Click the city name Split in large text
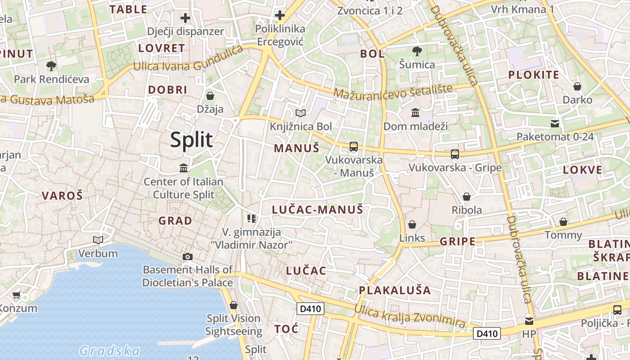191,140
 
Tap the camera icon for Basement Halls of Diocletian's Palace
188,256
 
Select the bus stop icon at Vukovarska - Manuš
354,146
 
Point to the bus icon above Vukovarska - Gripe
455,154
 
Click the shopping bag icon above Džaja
210,96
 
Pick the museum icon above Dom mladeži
415,112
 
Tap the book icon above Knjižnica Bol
300,113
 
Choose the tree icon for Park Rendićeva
51,66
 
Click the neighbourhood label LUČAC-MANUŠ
318,209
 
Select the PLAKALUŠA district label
395,290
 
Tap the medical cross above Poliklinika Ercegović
280,16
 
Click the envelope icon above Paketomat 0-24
555,123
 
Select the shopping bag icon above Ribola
467,197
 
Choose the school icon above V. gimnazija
252,219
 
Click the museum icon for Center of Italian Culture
184,168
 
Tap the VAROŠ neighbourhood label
63,196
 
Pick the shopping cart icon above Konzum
17,295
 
